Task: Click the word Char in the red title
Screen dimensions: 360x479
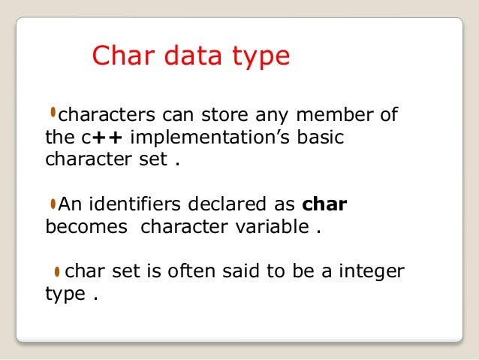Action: point(120,57)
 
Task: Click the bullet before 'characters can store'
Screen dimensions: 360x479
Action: point(53,114)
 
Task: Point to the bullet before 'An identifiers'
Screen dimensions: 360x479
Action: point(53,203)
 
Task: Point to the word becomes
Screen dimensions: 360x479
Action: point(86,226)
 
